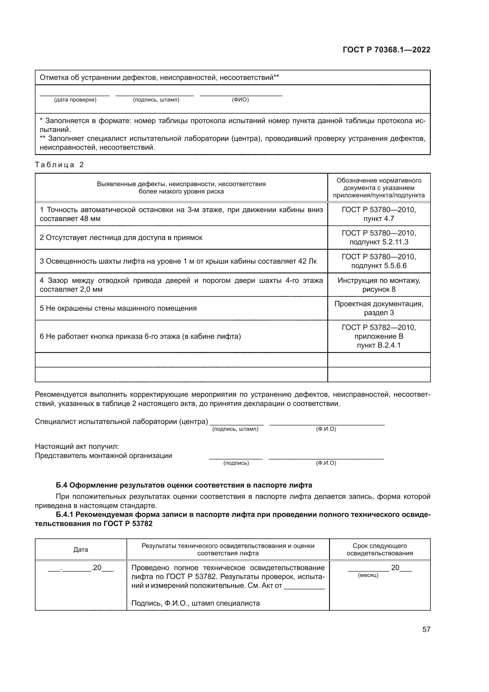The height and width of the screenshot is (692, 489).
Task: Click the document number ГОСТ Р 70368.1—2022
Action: pyautogui.click(x=386, y=50)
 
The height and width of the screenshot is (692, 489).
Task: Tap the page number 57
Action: pyautogui.click(x=426, y=629)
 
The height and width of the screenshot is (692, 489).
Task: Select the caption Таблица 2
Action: pyautogui.click(x=59, y=165)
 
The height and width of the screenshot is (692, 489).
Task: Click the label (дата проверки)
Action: pyautogui.click(x=75, y=100)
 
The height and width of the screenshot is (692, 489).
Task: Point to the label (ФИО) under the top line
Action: pyautogui.click(x=240, y=100)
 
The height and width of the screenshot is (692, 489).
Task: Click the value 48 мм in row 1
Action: pyautogui.click(x=90, y=219)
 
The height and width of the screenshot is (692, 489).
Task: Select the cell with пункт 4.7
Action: pyautogui.click(x=379, y=214)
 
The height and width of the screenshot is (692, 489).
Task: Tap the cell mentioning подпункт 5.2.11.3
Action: pyautogui.click(x=379, y=238)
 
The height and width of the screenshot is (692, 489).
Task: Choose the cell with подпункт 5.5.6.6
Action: pyautogui.click(x=379, y=261)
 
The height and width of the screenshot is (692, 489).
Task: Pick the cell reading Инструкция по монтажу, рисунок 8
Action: pyautogui.click(x=379, y=285)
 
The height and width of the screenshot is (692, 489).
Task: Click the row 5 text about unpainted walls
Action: pyautogui.click(x=118, y=308)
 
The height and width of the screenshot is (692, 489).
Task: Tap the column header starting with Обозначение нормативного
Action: pyautogui.click(x=379, y=188)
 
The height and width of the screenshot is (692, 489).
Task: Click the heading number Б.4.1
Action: pyautogui.click(x=65, y=514)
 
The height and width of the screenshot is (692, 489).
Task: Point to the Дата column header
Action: pyautogui.click(x=81, y=550)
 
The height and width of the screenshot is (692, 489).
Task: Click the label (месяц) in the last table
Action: pyautogui.click(x=368, y=575)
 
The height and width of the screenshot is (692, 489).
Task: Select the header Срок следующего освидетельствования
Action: pyautogui.click(x=380, y=550)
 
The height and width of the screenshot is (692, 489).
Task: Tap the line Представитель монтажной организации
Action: pyautogui.click(x=103, y=455)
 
